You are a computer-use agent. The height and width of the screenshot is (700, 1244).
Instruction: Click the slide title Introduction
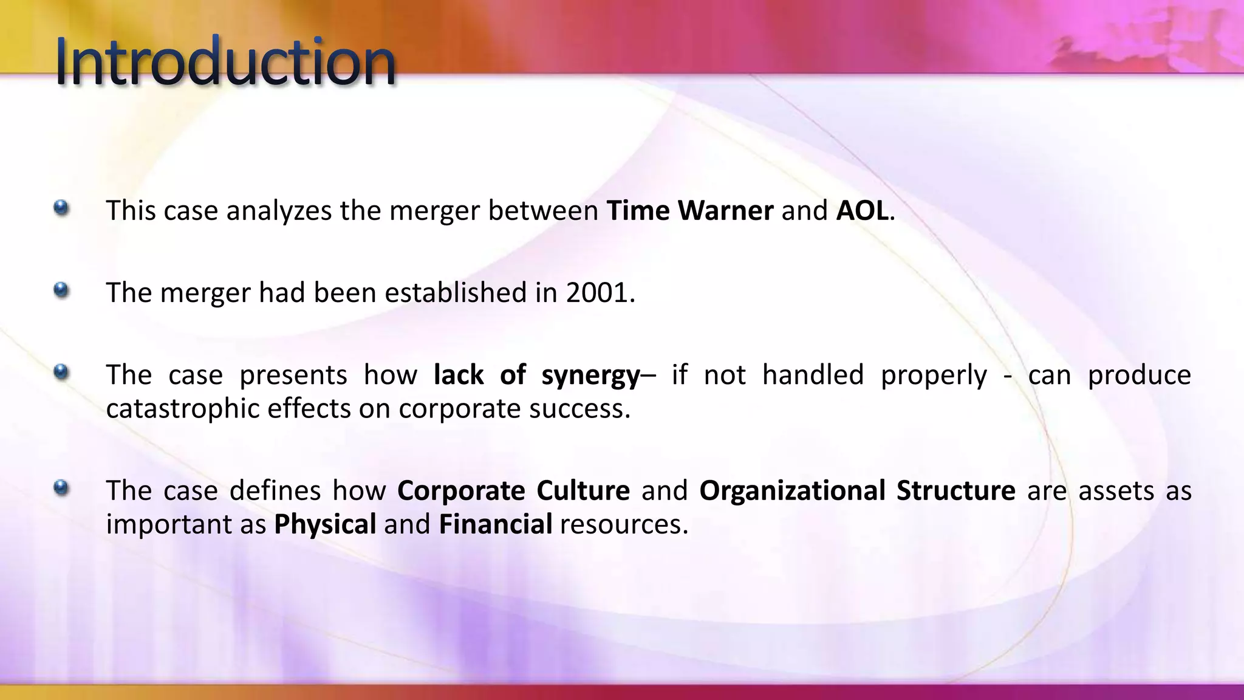point(225,62)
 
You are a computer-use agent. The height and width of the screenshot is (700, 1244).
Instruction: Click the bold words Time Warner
point(690,211)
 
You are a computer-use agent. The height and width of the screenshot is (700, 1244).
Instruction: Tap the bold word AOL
point(862,211)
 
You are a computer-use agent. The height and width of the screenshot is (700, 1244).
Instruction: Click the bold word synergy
point(590,376)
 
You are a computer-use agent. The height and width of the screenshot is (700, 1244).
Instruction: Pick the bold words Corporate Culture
point(513,491)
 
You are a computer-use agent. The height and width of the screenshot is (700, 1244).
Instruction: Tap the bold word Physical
point(325,524)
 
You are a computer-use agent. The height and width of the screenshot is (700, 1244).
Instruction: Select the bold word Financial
point(496,524)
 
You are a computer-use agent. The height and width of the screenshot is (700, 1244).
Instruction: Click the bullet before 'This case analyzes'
point(61,208)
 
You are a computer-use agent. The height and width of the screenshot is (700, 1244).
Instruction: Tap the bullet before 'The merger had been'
point(61,290)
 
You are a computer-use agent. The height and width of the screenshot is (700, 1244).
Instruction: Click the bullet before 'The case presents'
point(61,372)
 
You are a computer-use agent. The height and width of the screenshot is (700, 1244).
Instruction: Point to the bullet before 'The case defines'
point(61,488)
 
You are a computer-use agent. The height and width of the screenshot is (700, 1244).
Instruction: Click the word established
point(456,293)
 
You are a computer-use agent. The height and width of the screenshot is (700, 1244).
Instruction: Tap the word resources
point(624,524)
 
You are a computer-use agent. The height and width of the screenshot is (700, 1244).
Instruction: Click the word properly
point(934,376)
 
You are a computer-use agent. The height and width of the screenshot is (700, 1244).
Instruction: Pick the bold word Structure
point(955,491)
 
